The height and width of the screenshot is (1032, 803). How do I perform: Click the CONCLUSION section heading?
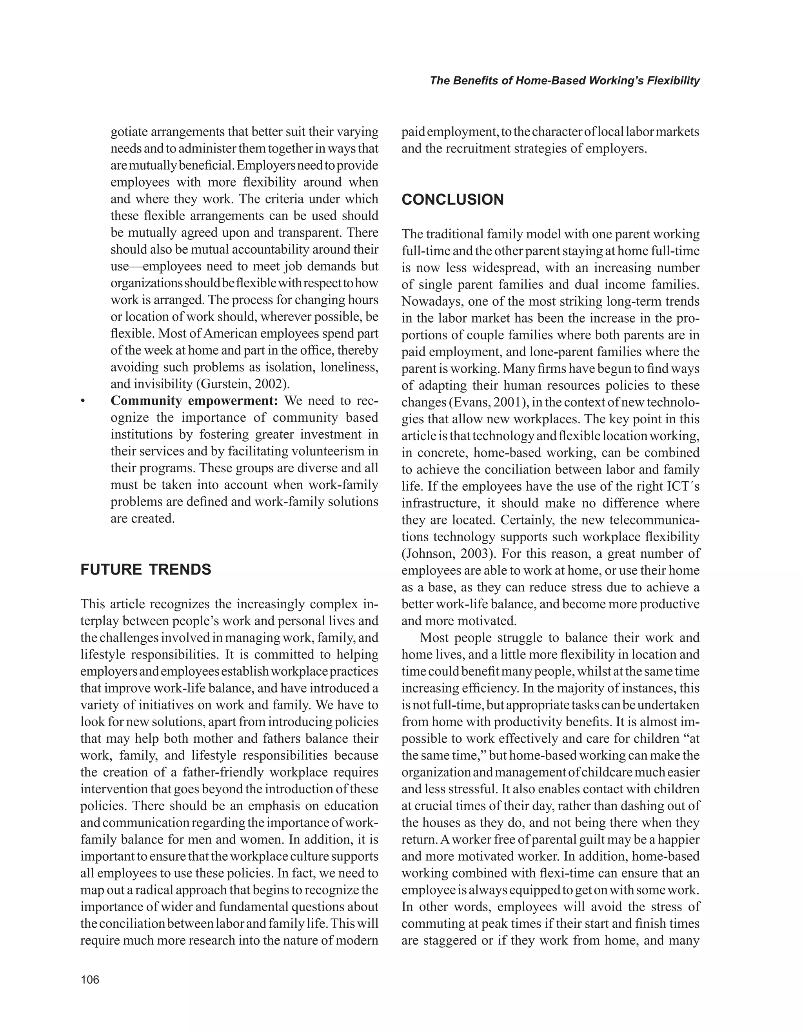452,200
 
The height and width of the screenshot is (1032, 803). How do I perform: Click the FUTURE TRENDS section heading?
145,570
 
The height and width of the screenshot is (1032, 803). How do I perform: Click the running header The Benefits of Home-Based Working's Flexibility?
564,81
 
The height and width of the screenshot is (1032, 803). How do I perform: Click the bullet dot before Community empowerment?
83,402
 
